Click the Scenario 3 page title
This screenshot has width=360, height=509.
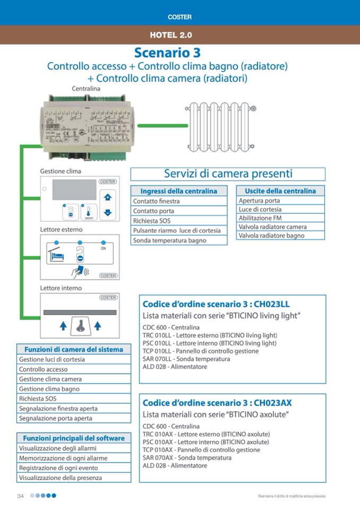click(167, 53)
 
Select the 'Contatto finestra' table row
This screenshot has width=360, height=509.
click(179, 201)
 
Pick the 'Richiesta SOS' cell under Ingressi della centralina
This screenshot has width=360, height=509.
click(179, 221)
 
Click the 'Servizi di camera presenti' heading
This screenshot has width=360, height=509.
click(228, 174)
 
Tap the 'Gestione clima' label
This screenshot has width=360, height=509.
click(61, 171)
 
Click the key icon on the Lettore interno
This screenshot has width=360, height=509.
click(80, 325)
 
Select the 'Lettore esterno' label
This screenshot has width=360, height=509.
click(61, 229)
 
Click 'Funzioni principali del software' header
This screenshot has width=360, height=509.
click(74, 438)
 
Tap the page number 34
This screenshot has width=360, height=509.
click(21, 496)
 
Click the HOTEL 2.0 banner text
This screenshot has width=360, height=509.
click(171, 36)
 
